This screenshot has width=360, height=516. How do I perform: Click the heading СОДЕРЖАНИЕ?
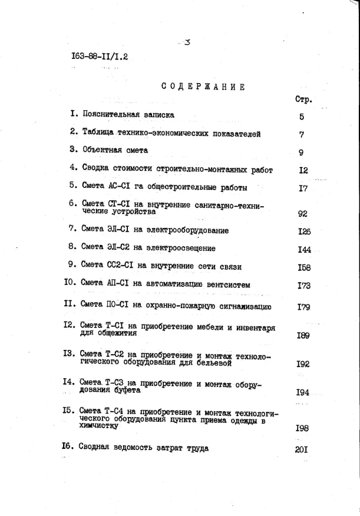203,87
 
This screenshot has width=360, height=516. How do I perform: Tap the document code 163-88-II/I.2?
99,57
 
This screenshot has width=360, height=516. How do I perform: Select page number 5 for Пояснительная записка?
301,117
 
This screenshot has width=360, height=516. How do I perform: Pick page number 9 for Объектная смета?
301,153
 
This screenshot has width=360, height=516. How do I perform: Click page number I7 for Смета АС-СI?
303,188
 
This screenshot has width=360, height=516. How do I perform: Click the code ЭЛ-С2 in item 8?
120,248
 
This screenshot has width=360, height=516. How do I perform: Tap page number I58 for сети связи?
304,267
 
